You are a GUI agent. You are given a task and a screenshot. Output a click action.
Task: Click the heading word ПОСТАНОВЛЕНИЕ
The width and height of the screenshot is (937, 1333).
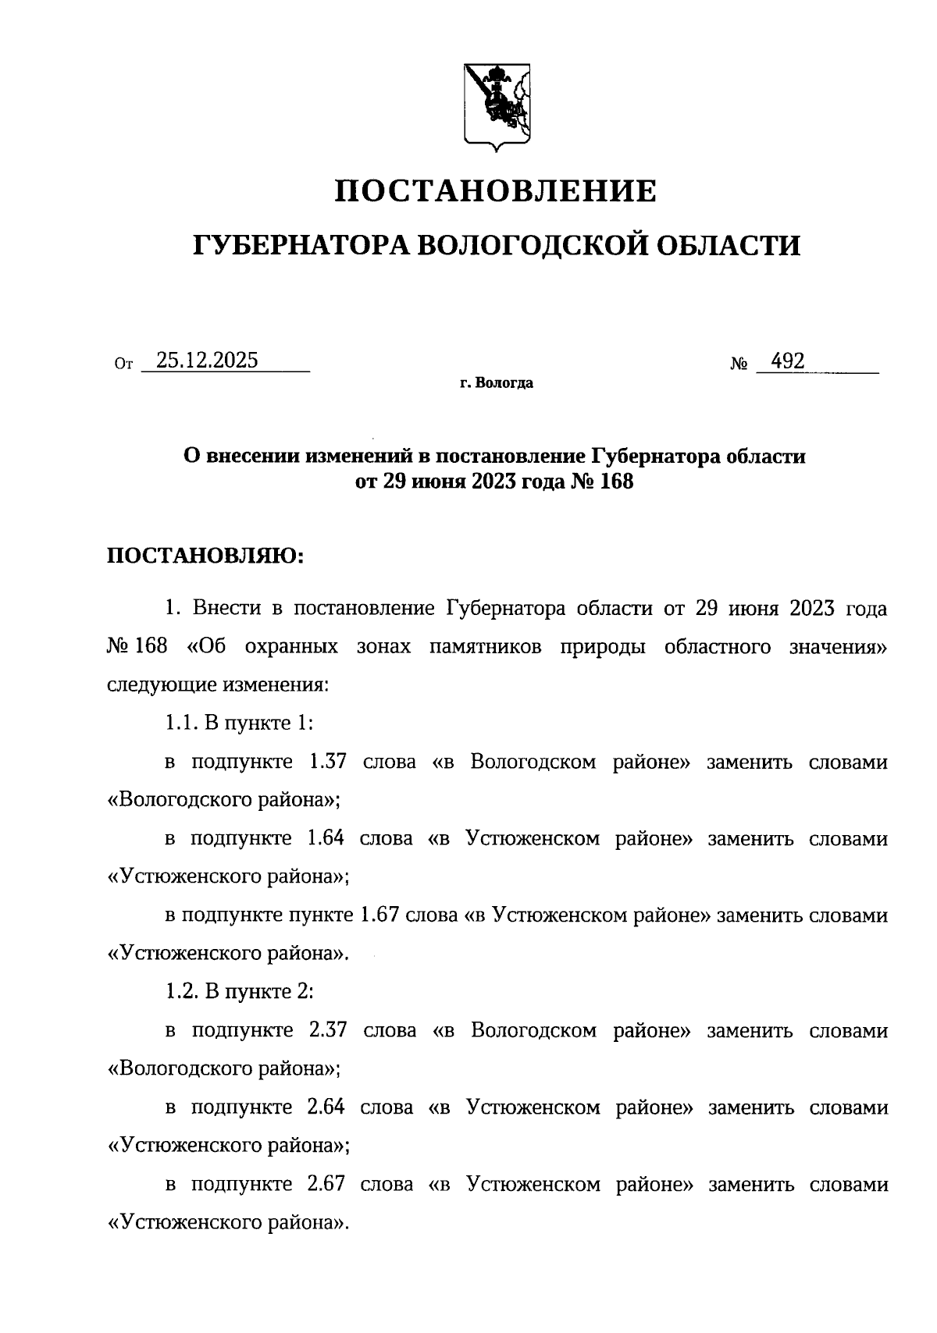pyautogui.click(x=495, y=191)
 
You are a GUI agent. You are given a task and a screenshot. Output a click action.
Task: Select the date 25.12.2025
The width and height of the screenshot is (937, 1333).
pyautogui.click(x=207, y=361)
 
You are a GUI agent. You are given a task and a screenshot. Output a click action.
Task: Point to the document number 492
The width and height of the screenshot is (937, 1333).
pyautogui.click(x=787, y=361)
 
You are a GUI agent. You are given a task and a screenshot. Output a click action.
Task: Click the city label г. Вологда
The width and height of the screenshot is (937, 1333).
pyautogui.click(x=496, y=383)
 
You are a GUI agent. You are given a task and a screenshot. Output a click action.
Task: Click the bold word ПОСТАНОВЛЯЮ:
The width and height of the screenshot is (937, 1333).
pyautogui.click(x=204, y=556)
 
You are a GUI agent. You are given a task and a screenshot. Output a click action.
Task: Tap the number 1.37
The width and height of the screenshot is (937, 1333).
pyautogui.click(x=327, y=762)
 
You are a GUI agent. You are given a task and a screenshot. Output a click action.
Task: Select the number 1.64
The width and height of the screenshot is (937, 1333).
pyautogui.click(x=326, y=838)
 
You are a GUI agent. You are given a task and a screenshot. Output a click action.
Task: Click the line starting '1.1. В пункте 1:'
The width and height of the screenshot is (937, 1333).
pyautogui.click(x=239, y=723)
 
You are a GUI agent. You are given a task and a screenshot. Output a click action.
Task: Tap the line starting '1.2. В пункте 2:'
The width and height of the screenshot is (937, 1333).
pyautogui.click(x=239, y=992)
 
